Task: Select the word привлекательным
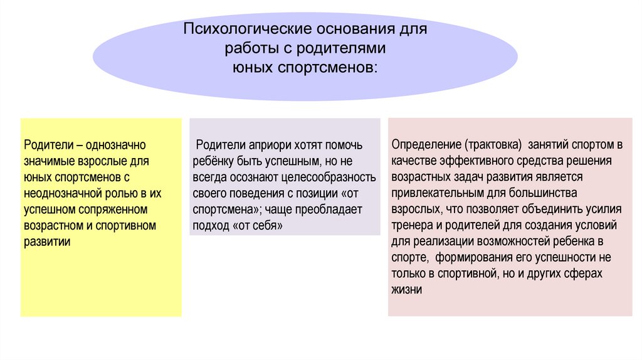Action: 431,193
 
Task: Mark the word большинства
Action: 546,193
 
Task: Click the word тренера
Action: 410,225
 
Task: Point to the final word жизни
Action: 406,290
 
